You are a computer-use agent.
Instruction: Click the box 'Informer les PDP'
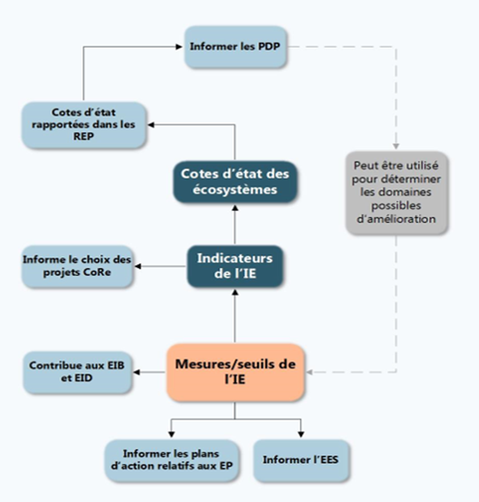coord(236,47)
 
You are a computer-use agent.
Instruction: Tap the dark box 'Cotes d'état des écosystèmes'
coord(234,180)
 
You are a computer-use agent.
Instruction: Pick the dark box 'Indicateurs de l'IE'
coord(234,266)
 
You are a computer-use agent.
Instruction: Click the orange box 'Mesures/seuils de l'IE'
coord(235,372)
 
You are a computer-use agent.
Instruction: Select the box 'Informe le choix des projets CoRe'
coord(77,266)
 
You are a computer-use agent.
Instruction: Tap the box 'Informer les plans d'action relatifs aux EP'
coord(171,460)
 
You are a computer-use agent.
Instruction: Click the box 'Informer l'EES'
coord(301,460)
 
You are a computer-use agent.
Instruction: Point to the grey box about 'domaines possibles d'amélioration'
coord(396,191)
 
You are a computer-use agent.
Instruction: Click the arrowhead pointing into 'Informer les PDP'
coord(179,47)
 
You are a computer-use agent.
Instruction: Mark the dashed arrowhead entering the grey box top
coord(396,146)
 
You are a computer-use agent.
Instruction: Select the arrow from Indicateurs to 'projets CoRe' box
coord(161,266)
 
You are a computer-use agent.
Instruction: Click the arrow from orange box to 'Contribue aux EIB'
coord(149,372)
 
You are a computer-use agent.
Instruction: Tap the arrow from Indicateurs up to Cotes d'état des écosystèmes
coord(235,224)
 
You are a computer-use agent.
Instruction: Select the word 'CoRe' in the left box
coord(99,273)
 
